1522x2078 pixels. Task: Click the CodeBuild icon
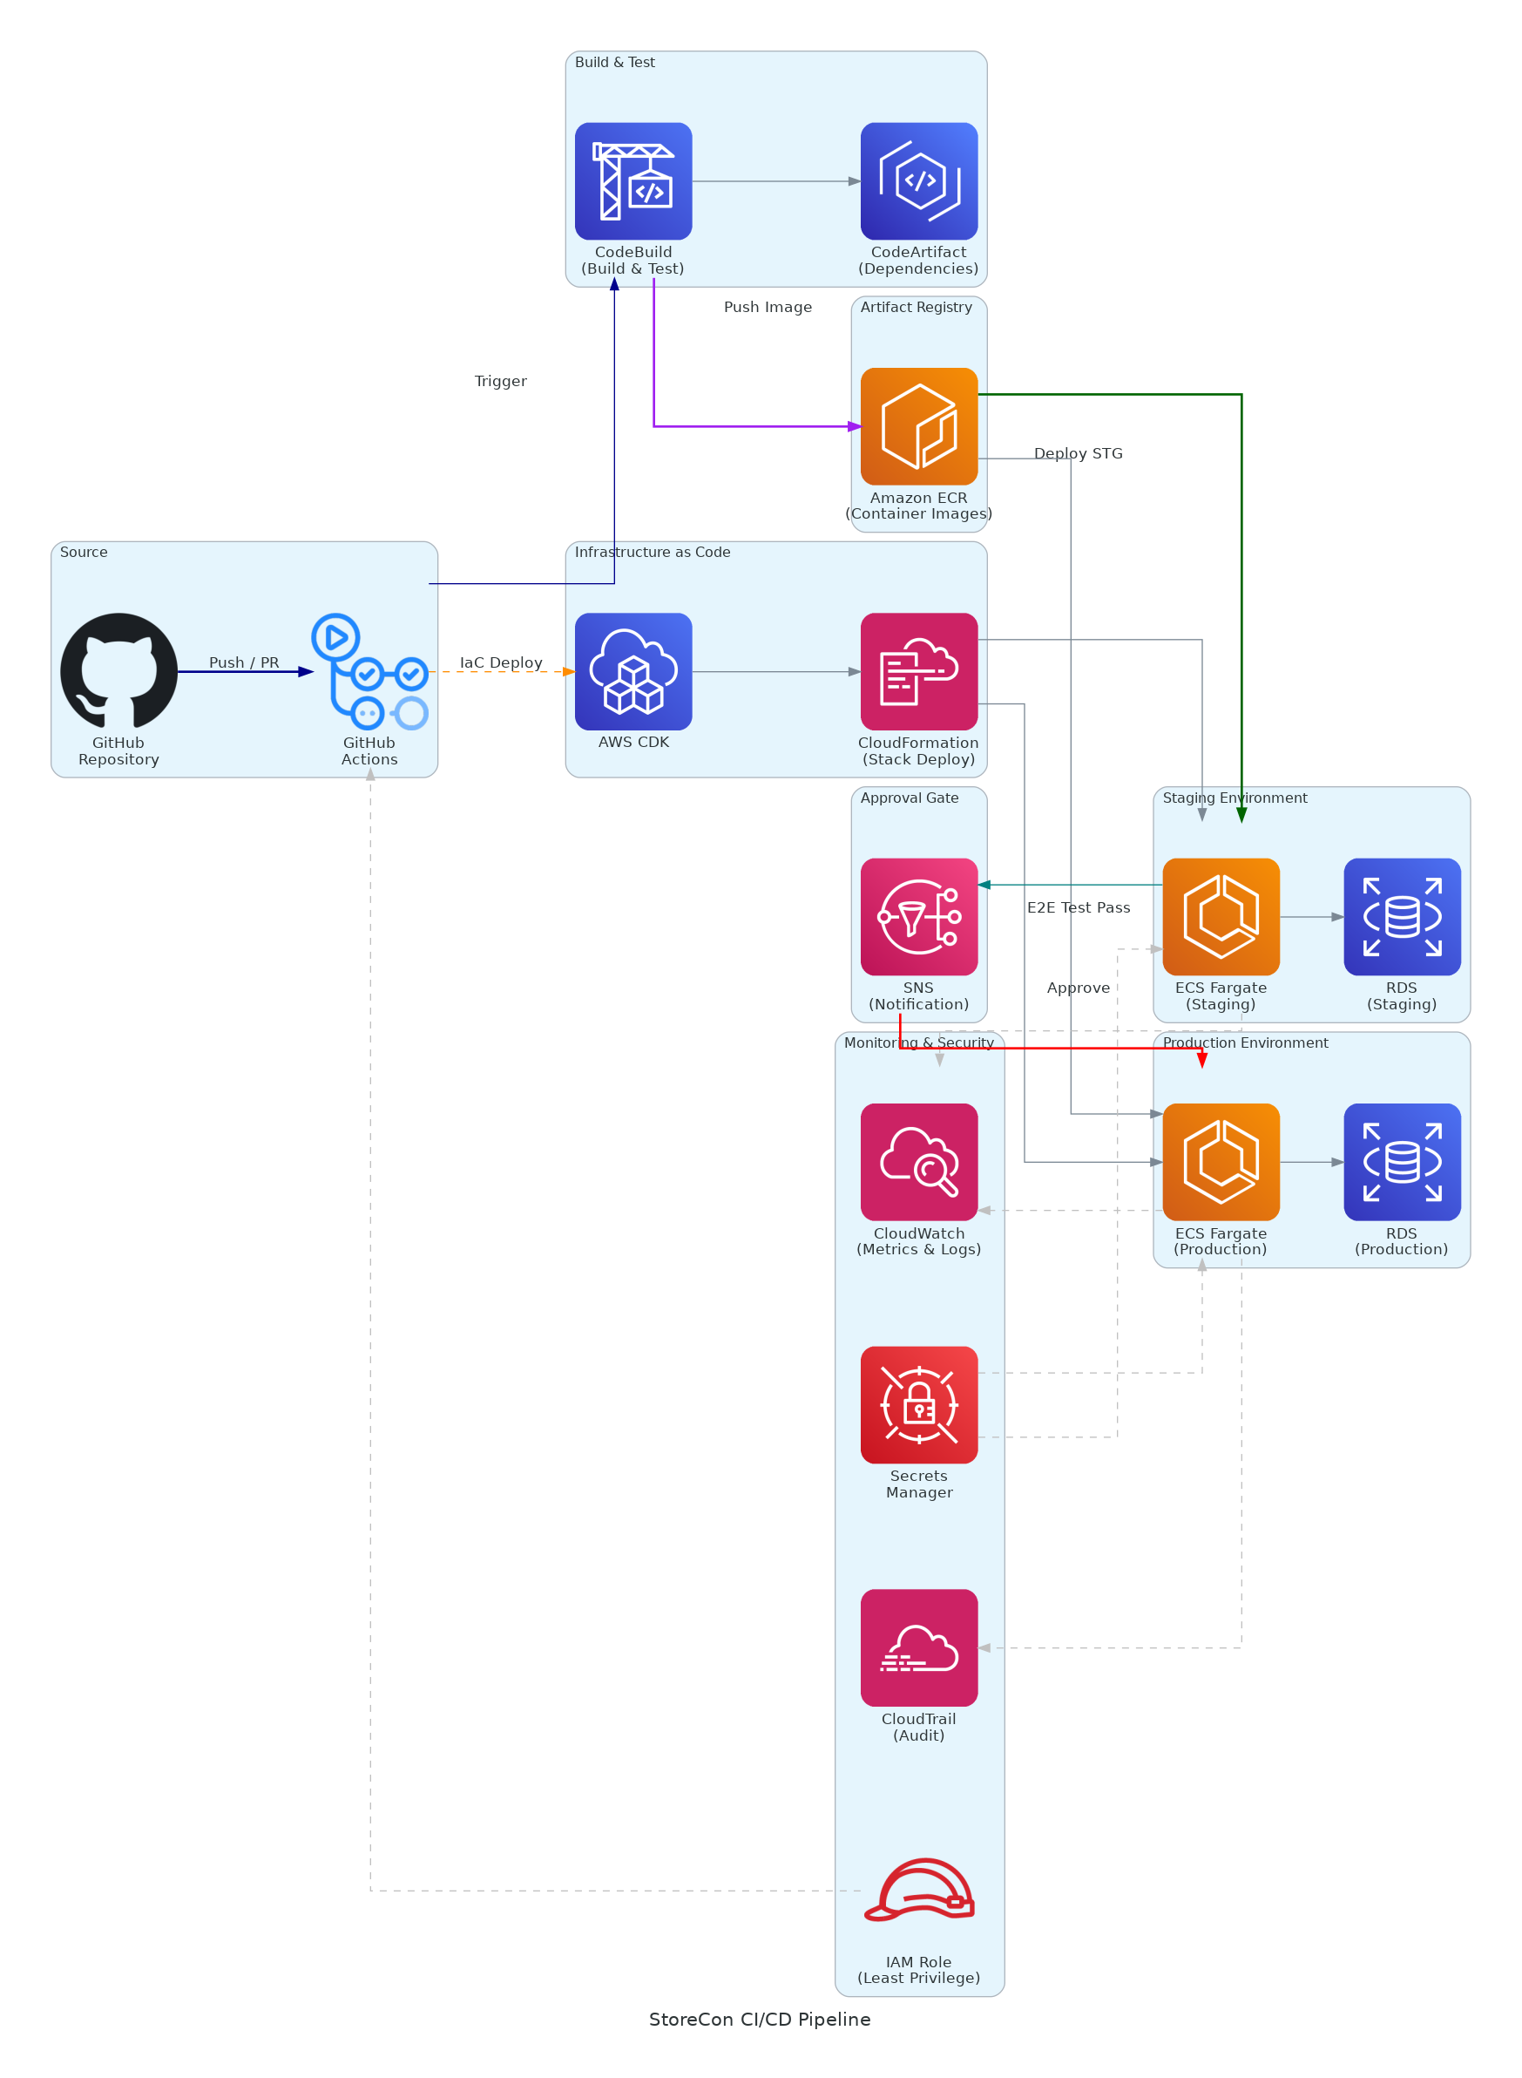tap(633, 180)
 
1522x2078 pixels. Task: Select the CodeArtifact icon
tap(918, 180)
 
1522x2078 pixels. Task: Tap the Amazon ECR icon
tap(918, 425)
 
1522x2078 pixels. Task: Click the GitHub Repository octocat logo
tap(118, 671)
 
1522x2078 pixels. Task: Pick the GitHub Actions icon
tap(369, 671)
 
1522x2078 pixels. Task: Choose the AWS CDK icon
tap(633, 671)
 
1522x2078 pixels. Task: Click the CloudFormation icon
tap(918, 671)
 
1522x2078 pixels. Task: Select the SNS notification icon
tap(918, 916)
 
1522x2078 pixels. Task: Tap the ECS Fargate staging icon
tap(1221, 916)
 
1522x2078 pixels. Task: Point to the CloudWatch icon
tap(918, 1161)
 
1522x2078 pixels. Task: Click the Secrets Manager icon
tap(918, 1404)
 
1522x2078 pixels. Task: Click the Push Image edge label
tap(768, 307)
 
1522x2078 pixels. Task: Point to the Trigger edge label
tap(500, 381)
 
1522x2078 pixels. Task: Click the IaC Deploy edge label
tap(500, 662)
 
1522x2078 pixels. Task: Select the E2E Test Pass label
tap(1078, 907)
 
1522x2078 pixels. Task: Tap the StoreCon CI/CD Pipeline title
tap(759, 2019)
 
